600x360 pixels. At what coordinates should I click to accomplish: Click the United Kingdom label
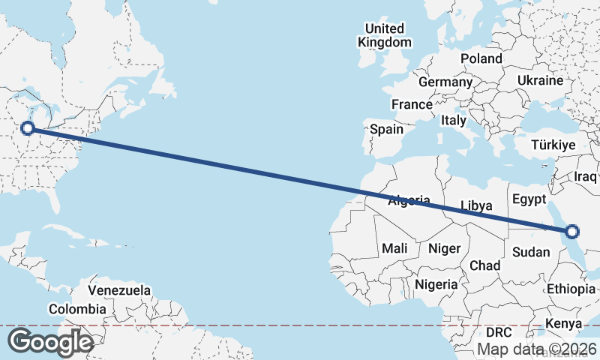(x=385, y=35)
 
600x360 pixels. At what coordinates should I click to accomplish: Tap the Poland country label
(x=481, y=58)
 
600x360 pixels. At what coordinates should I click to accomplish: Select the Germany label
(x=445, y=82)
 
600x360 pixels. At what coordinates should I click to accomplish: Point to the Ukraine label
(x=540, y=80)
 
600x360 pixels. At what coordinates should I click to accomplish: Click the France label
(x=412, y=104)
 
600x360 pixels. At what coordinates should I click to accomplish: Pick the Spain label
(x=387, y=129)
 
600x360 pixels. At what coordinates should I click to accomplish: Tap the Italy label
(x=454, y=120)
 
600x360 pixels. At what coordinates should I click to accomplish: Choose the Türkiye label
(x=553, y=145)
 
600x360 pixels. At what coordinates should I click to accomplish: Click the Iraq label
(x=585, y=176)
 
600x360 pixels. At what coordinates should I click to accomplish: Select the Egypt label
(x=529, y=199)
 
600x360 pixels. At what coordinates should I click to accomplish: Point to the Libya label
(x=476, y=205)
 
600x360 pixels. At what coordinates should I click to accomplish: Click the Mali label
(x=394, y=248)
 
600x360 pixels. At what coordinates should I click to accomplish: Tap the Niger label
(x=443, y=248)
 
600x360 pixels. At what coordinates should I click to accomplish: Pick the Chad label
(x=484, y=265)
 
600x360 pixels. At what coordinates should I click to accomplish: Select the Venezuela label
(x=119, y=290)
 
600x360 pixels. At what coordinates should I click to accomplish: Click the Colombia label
(x=77, y=309)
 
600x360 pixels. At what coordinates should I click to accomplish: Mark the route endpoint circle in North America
(x=28, y=128)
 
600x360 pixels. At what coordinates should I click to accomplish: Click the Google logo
(x=50, y=342)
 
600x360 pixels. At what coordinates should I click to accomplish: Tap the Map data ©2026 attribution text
(x=537, y=349)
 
